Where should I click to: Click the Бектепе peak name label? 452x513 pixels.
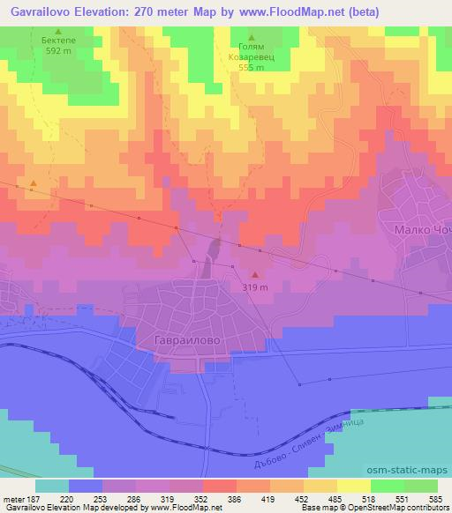[x=58, y=41]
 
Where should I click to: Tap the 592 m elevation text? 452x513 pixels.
[x=58, y=50]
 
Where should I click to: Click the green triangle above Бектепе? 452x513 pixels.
[x=58, y=30]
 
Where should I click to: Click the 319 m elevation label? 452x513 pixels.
[x=255, y=287]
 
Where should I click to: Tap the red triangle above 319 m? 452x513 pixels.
[x=255, y=276]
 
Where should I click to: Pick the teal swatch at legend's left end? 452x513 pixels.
[x=52, y=485]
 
